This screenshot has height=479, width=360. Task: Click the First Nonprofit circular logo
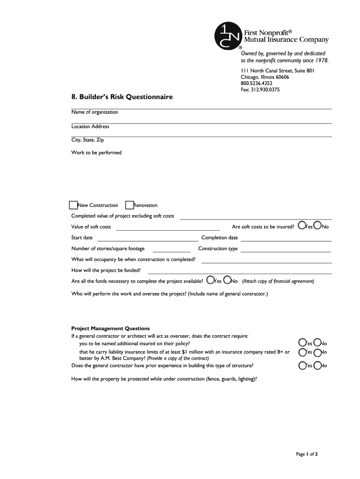227,36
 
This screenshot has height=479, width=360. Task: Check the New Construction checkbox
73,205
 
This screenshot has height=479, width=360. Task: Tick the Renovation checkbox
130,205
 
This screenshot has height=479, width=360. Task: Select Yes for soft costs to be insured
302,226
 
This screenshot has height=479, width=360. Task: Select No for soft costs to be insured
318,226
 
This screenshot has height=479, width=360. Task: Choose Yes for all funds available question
211,280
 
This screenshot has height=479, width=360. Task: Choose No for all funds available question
227,280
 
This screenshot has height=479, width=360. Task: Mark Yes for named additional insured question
302,343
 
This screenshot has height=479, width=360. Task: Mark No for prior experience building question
318,365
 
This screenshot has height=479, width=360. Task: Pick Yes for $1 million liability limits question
302,352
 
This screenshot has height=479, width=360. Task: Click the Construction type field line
286,251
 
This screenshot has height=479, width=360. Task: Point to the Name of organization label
94,112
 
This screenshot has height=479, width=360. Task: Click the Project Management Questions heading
110,328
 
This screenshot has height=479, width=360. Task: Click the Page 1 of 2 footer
307,454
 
